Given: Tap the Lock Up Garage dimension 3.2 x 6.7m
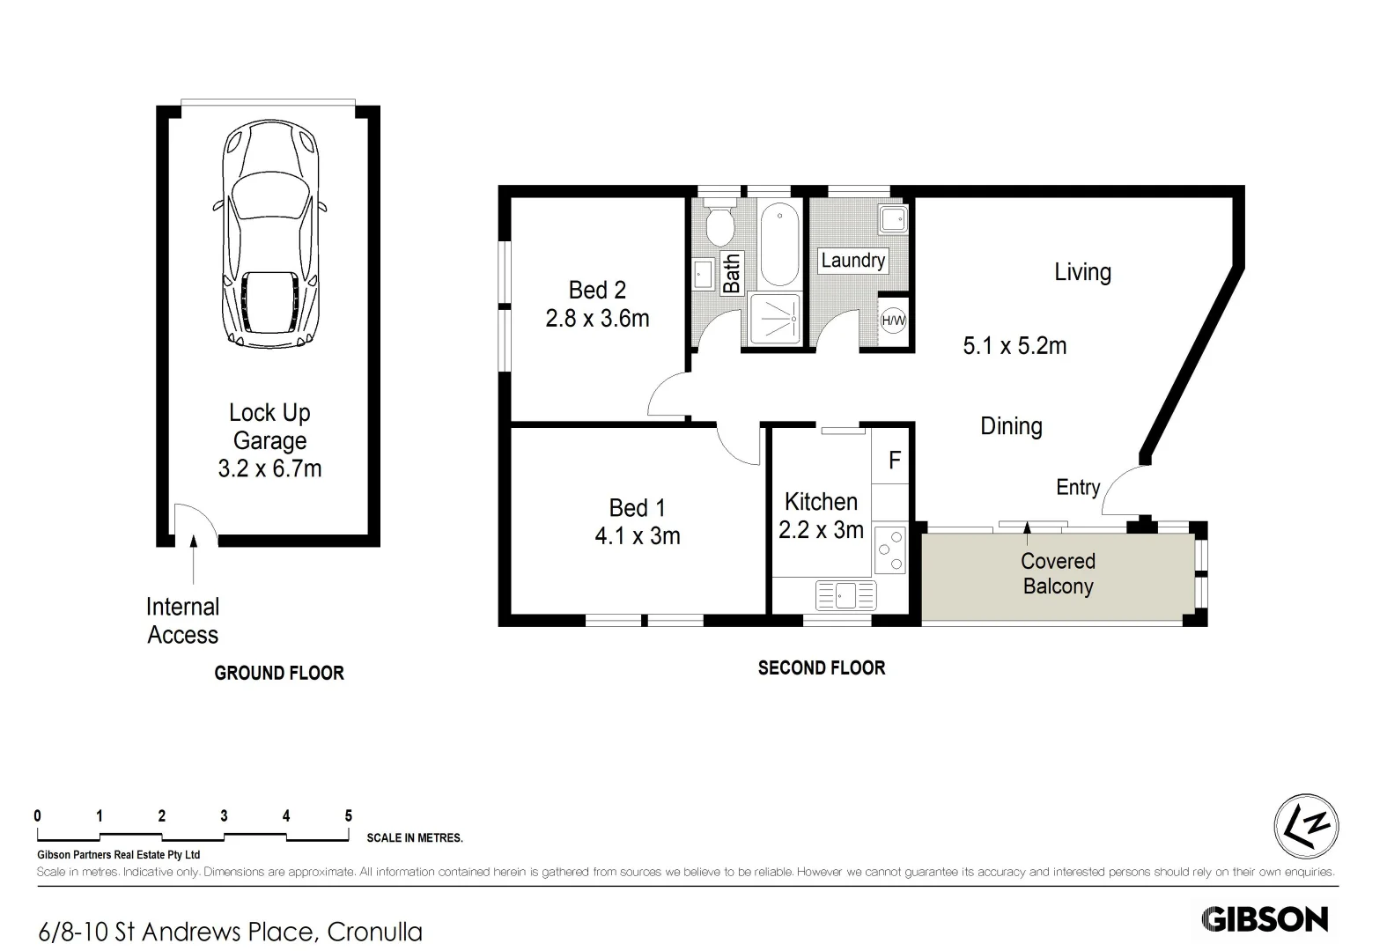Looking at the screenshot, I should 269,468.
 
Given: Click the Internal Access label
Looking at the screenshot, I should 182,621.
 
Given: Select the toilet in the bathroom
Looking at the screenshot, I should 721,225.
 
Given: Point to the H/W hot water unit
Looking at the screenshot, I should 893,321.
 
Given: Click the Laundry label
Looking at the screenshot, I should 852,261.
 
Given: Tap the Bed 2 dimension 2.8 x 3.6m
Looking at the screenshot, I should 597,318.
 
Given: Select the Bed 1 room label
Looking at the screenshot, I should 637,508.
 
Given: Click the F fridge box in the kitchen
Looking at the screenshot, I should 894,461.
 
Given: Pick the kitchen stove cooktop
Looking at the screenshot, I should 890,550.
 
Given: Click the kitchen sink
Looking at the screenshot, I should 845,595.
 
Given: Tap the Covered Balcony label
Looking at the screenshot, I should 1058,573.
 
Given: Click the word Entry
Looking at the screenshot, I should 1078,487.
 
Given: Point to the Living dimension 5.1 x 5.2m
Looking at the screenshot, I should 1014,345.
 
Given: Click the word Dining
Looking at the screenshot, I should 1011,426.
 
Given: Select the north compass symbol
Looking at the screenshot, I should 1306,826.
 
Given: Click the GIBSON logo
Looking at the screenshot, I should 1265,919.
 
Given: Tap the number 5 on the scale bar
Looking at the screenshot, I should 348,816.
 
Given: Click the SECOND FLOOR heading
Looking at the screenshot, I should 821,668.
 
